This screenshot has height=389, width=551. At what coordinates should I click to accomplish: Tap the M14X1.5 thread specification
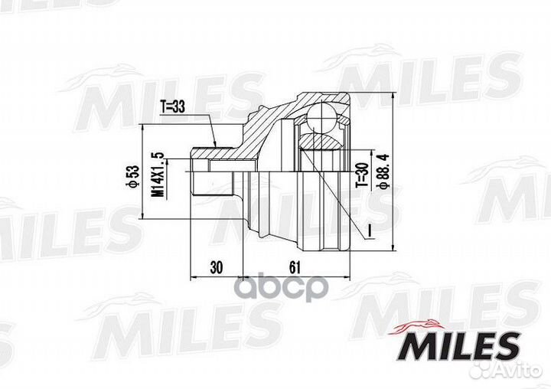(x=158, y=177)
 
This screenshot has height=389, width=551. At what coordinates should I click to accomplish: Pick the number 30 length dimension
(x=215, y=267)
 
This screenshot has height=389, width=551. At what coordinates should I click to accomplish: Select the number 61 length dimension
(x=294, y=267)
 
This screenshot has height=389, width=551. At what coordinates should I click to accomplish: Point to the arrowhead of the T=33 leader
(x=217, y=145)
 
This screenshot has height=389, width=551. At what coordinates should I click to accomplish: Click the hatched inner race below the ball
(x=321, y=142)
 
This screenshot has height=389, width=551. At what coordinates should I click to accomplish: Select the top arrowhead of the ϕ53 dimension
(x=142, y=129)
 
